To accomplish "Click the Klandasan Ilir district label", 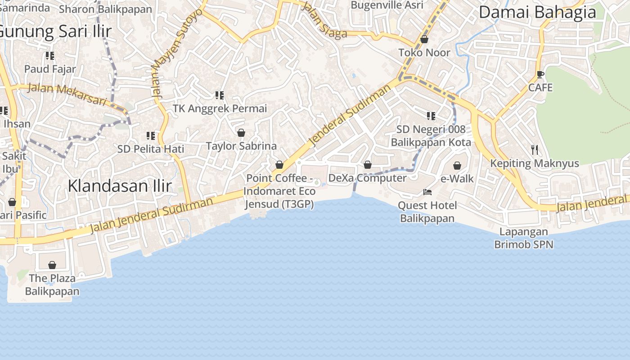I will click(120, 186).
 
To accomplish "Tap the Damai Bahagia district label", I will click(537, 12).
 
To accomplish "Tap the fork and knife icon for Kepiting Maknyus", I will click(535, 149).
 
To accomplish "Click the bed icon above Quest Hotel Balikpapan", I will click(427, 192).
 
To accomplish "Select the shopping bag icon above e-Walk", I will click(457, 166).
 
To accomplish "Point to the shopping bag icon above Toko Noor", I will click(424, 40).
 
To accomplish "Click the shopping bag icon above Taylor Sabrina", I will click(241, 133).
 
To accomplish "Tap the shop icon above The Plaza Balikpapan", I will click(52, 265).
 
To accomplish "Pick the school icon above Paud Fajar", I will click(50, 56).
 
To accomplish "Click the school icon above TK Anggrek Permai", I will click(220, 95).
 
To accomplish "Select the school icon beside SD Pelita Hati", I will click(151, 135).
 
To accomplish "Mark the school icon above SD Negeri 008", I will click(431, 116).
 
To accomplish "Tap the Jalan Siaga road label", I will click(324, 20).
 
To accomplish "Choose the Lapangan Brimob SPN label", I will click(524, 238).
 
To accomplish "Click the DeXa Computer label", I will click(367, 178).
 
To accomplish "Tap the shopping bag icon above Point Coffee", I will click(279, 165).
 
